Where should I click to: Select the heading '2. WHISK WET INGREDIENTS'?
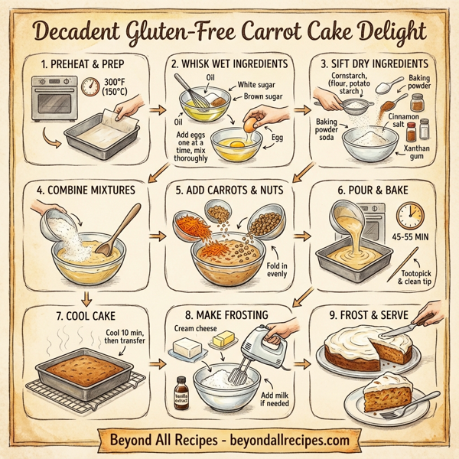pos(229,64)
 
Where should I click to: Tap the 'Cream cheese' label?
pos(197,328)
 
